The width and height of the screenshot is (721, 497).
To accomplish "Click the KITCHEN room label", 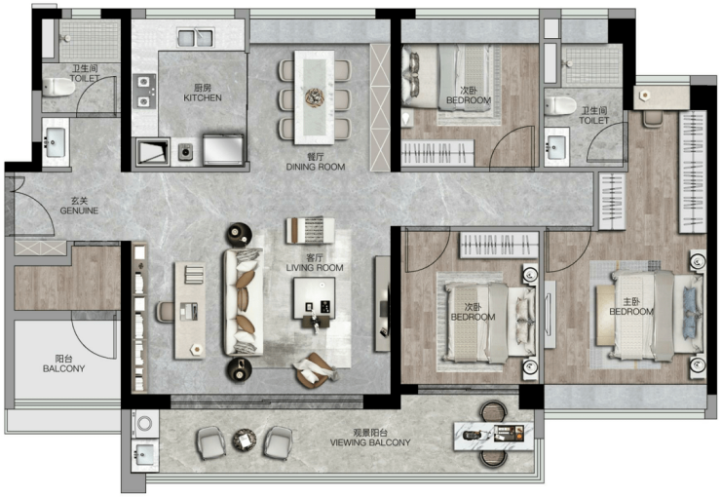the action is pyautogui.click(x=203, y=97).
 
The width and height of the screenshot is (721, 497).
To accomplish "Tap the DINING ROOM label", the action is pyautogui.click(x=316, y=167).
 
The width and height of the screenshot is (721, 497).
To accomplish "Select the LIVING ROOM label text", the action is pyautogui.click(x=315, y=268).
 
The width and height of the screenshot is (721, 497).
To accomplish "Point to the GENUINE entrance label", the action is pyautogui.click(x=79, y=210).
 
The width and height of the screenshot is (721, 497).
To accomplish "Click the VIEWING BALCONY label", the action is pyautogui.click(x=370, y=442).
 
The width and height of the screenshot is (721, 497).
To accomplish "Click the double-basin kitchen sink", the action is pyautogui.click(x=196, y=38).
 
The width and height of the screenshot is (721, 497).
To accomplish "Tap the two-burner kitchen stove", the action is pyautogui.click(x=144, y=92).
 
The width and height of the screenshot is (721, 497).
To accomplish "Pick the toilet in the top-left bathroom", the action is pyautogui.click(x=58, y=87).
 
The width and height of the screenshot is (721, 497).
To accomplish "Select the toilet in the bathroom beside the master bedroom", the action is pyautogui.click(x=560, y=106).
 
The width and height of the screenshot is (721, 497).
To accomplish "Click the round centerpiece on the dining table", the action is pyautogui.click(x=315, y=97).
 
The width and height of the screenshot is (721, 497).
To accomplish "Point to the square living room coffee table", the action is pyautogui.click(x=315, y=298).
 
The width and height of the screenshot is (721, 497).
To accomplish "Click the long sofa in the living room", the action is pyautogui.click(x=244, y=302).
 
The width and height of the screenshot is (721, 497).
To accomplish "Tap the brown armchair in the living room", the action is pyautogui.click(x=315, y=370).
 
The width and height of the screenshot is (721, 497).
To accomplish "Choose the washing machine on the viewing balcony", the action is pyautogui.click(x=145, y=423).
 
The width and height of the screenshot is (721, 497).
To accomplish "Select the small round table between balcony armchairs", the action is pyautogui.click(x=245, y=440).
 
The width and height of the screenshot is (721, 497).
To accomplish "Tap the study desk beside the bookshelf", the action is pyautogui.click(x=189, y=310).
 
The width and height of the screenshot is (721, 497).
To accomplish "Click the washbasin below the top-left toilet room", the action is pyautogui.click(x=56, y=142).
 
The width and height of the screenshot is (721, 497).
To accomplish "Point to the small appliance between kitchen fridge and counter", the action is pyautogui.click(x=186, y=151).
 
